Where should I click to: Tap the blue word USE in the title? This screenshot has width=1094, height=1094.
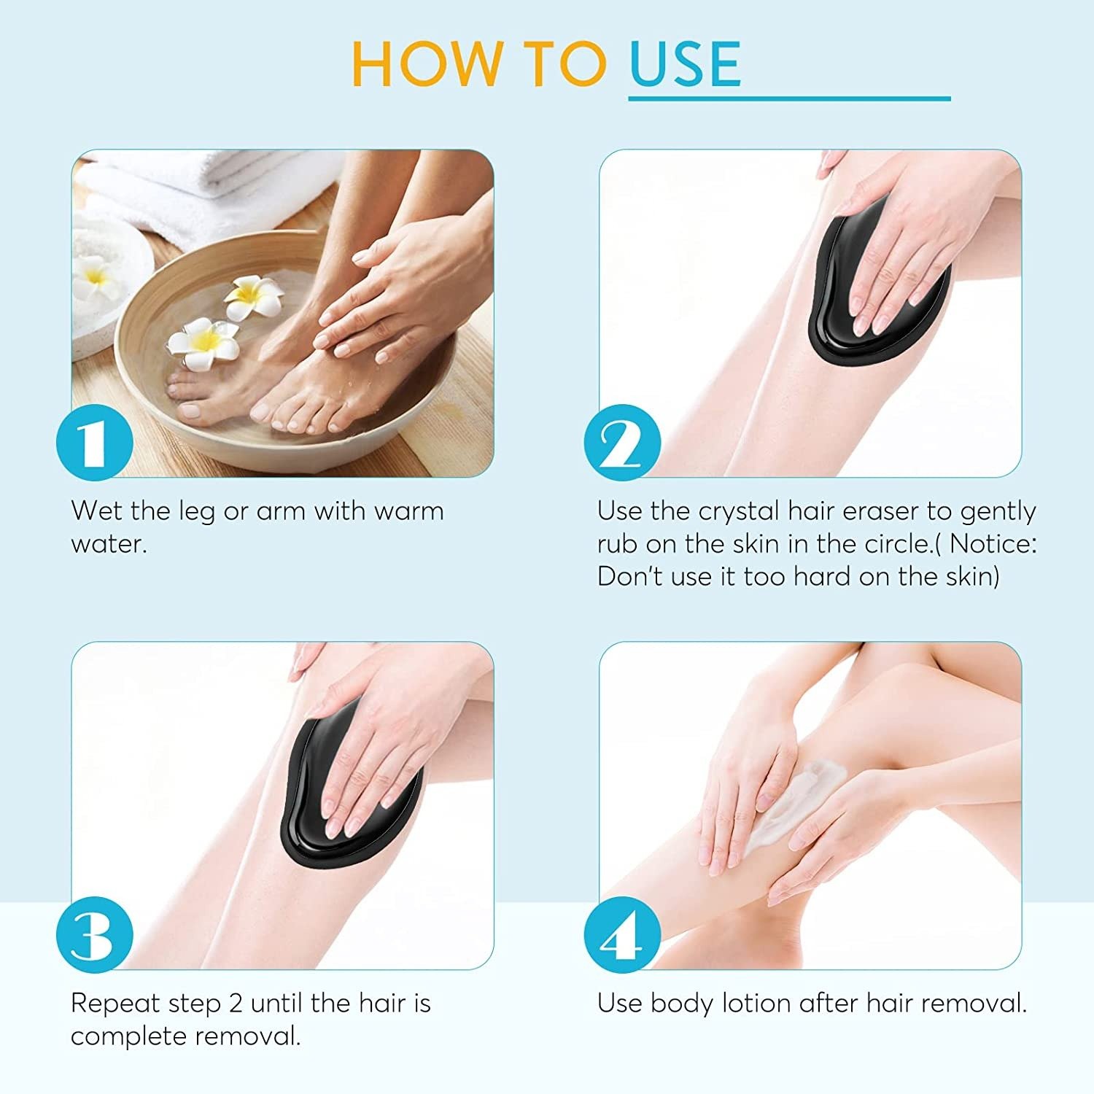(x=685, y=64)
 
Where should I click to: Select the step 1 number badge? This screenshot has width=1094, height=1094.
(x=95, y=442)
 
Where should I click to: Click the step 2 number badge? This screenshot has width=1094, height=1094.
(x=622, y=442)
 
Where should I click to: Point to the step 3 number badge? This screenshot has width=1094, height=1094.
(x=95, y=934)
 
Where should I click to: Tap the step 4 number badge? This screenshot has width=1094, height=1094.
(x=622, y=934)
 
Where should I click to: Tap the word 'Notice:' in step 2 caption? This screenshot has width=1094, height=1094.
(x=993, y=544)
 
